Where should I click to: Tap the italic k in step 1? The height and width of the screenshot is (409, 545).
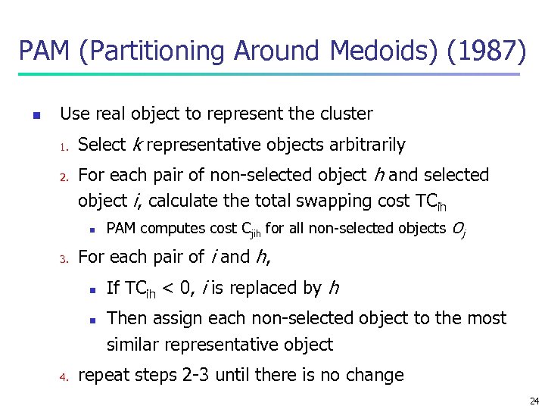[137, 145]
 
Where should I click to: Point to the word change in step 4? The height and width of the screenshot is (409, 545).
[375, 375]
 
